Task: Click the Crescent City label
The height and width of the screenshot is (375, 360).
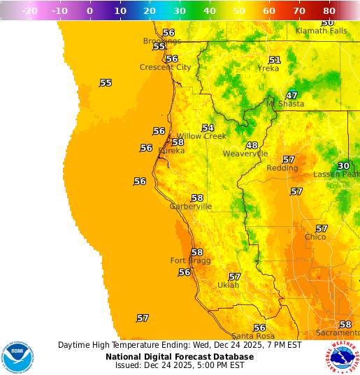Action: [x=166, y=68]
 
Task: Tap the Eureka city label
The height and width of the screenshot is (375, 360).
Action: [x=171, y=151]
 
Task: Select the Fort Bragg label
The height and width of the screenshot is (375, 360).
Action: [x=187, y=260]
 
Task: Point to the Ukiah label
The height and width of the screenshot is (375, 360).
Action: [x=228, y=285]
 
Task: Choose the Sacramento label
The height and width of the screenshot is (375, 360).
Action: [x=336, y=333]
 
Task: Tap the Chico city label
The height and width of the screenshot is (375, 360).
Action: [x=315, y=237]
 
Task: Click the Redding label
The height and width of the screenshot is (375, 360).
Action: [x=282, y=168]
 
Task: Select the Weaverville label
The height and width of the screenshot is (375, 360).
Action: [x=245, y=154]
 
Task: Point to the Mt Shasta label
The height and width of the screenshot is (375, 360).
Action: [x=285, y=104]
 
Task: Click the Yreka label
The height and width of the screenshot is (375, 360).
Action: [x=268, y=68]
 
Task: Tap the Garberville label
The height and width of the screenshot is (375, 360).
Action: [x=191, y=207]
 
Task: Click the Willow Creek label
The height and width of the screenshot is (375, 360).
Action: [x=201, y=136]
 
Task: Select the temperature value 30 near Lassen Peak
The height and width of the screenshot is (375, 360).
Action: [x=343, y=166]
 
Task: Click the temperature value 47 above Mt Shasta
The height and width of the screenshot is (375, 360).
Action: [x=292, y=95]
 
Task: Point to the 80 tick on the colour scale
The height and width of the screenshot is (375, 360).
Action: [x=330, y=11]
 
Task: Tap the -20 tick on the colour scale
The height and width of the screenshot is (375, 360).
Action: [x=29, y=11]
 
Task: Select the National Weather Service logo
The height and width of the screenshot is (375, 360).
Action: [x=342, y=357]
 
